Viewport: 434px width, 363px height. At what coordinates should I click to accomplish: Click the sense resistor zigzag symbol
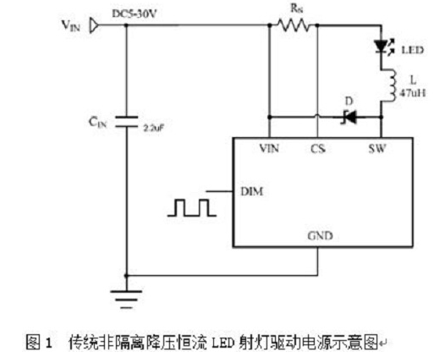coord(294,25)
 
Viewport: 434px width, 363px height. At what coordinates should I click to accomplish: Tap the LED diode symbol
coord(383,47)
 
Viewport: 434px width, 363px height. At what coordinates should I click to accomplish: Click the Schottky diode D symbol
coord(349,117)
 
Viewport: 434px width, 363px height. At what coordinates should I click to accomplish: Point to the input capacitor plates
coord(126,121)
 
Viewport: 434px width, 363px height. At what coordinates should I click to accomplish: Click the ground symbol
coord(126,300)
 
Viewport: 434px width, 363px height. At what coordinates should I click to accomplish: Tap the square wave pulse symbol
coord(192,207)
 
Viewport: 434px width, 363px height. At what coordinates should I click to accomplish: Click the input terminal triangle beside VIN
coord(94,25)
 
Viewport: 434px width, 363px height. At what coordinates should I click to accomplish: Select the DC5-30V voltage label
coord(134,14)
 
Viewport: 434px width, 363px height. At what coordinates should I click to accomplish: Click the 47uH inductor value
coord(413,93)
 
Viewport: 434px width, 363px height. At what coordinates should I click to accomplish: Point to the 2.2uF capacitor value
coord(154,128)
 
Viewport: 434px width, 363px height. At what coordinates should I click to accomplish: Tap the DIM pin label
coord(252,192)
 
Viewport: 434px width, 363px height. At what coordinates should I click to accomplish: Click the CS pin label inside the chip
coord(318,149)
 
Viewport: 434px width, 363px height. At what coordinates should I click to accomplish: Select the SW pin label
coord(377,148)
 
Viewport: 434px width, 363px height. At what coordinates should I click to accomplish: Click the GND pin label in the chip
coord(320,235)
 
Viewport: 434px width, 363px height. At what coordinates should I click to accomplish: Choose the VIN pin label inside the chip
coord(269,148)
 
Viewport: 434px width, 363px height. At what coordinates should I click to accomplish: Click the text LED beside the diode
coord(413,50)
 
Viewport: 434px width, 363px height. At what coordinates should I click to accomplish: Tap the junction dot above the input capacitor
coord(126,25)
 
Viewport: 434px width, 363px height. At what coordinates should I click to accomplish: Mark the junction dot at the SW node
coord(382,117)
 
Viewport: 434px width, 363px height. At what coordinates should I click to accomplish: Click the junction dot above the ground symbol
coord(126,276)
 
